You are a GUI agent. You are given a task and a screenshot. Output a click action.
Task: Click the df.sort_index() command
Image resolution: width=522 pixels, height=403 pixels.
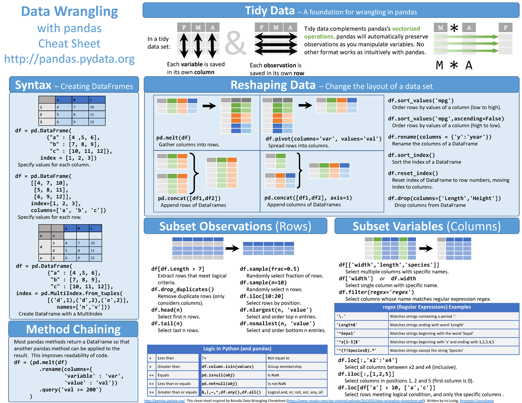click(412, 155)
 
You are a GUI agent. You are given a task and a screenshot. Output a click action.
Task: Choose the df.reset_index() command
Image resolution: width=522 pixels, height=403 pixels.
click(413, 173)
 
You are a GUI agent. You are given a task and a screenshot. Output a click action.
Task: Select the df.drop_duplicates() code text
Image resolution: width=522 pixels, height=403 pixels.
click(182, 289)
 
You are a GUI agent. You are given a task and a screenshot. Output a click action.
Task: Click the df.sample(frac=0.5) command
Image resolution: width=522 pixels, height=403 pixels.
click(270, 269)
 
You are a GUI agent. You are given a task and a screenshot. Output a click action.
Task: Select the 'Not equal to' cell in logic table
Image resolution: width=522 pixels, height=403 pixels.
click(282, 358)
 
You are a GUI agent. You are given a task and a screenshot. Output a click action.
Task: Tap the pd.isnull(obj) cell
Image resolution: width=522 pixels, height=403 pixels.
click(219, 375)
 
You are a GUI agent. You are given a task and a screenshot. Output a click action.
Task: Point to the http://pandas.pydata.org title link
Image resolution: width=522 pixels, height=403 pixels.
click(70, 59)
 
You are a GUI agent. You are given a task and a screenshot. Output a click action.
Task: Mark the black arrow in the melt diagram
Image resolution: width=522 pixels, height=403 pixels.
click(209, 106)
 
